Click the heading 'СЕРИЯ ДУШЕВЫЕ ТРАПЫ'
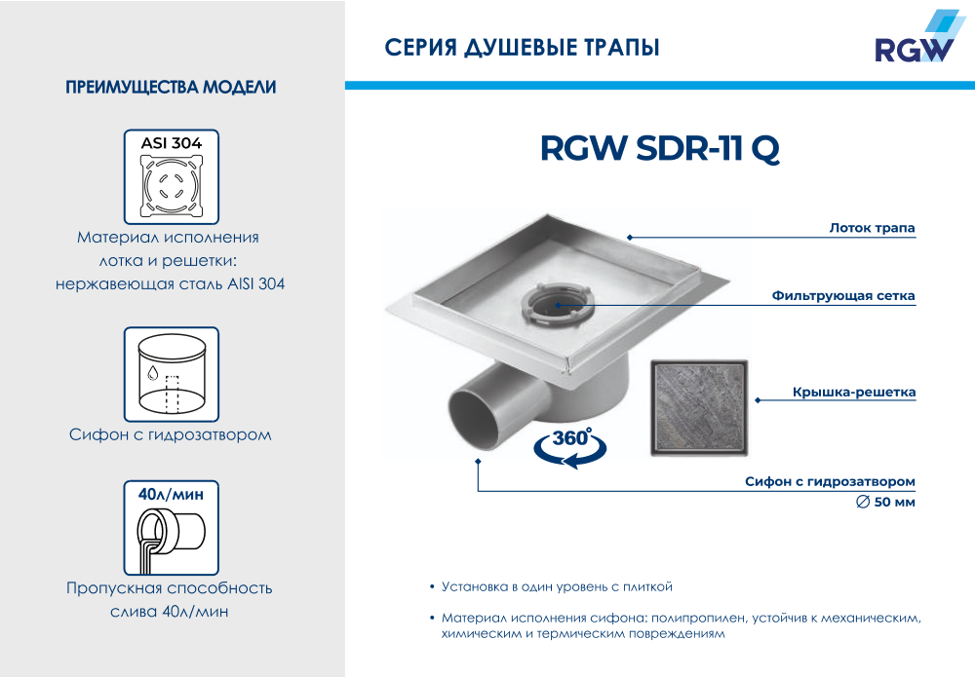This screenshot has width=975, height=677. (522, 48)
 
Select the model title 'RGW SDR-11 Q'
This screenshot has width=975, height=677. (660, 148)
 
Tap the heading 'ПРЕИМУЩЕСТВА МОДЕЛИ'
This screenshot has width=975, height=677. (171, 87)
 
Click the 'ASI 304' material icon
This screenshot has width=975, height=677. (172, 177)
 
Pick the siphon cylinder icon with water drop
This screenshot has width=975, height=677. (172, 374)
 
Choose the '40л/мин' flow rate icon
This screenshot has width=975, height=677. (172, 528)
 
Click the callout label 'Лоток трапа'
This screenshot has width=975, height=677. (872, 228)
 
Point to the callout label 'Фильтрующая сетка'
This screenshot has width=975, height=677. (843, 296)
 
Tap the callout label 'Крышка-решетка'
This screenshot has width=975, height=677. (854, 392)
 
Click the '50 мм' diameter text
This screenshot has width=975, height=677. (894, 502)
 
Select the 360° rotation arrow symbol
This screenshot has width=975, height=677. (570, 446)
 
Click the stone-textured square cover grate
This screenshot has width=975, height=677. (699, 407)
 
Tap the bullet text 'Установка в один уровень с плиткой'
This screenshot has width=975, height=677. (557, 586)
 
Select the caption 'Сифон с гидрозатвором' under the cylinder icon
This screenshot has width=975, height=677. (171, 434)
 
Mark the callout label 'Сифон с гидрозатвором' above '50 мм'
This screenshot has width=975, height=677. (830, 481)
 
